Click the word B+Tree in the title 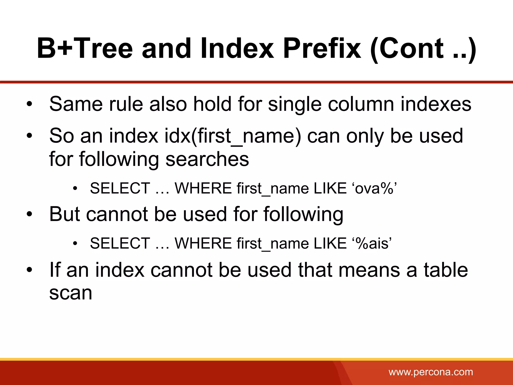(85, 48)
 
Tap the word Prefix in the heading (322, 48)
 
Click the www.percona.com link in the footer (431, 372)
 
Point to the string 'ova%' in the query (375, 188)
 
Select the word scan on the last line (71, 293)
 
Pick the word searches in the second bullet (207, 159)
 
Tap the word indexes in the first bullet (436, 104)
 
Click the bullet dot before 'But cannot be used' (30, 215)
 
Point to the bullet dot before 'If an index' (30, 270)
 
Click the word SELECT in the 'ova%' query (120, 188)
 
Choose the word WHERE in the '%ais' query (203, 243)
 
